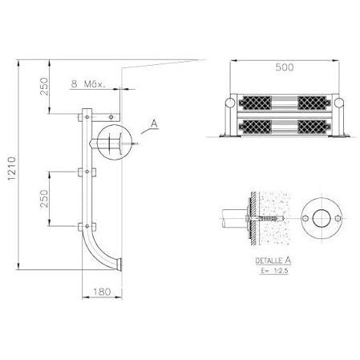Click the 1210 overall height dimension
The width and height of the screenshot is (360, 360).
coord(12,168)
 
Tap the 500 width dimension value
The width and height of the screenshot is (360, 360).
coord(285,67)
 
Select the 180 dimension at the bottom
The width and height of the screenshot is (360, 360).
coord(102,292)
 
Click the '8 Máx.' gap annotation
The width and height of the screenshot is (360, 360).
coord(87,84)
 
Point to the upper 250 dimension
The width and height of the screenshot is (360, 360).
coord(44,87)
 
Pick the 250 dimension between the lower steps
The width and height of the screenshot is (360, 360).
coord(44,199)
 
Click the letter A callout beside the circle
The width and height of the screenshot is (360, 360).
coord(154,123)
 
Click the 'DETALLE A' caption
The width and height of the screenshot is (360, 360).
coord(273,261)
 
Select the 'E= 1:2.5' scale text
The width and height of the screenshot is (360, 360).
coord(275,271)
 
